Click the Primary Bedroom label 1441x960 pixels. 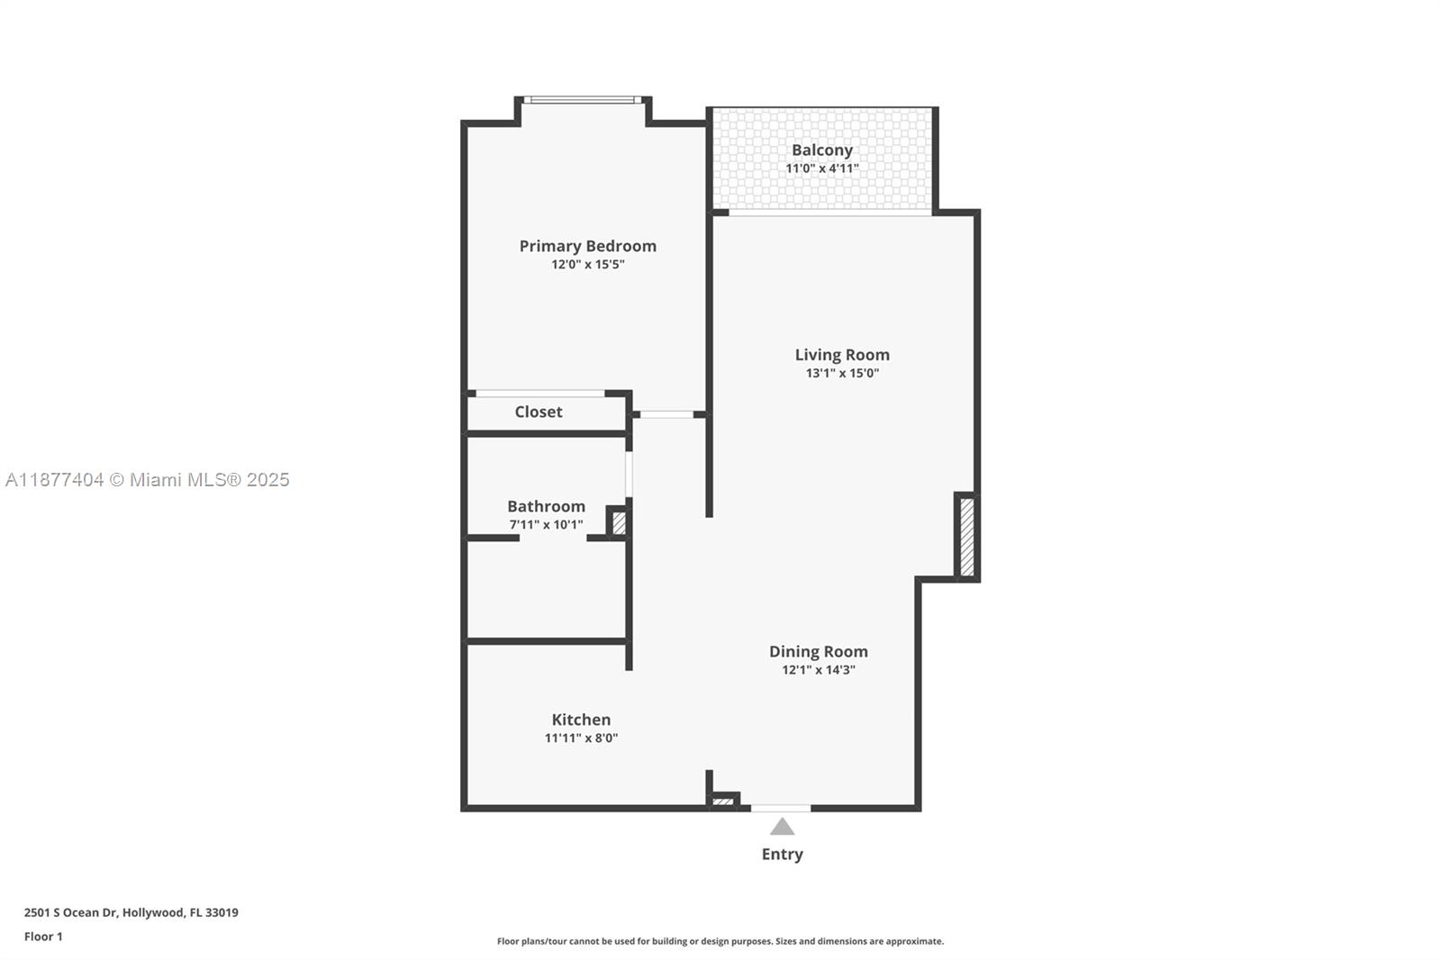587,246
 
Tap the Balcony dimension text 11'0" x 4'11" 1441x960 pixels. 821,168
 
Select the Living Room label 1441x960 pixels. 841,355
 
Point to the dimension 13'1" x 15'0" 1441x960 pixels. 841,373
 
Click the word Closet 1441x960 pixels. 538,412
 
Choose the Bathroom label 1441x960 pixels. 546,506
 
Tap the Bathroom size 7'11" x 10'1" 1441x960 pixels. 546,524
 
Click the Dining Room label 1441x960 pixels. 818,651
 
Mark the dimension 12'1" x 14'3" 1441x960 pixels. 818,669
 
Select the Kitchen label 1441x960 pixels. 581,720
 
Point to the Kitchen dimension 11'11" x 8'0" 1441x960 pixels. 581,738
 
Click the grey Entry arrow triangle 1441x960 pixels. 782,827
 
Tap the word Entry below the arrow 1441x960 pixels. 782,854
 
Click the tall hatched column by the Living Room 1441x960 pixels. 966,537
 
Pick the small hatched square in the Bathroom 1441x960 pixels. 619,523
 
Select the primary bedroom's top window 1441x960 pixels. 583,100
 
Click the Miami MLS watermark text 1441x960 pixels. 148,480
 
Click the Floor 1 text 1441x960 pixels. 43,937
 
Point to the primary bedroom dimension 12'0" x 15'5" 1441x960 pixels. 587,265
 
